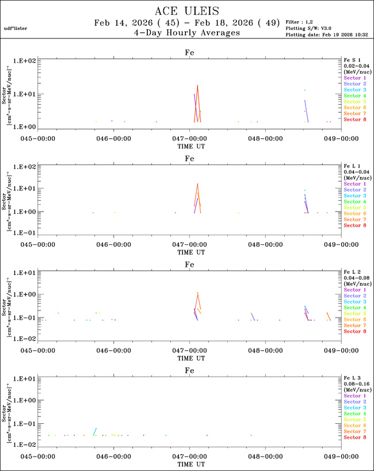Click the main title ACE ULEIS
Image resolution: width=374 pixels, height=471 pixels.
coord(186,11)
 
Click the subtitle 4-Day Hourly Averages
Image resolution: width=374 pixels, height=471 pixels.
coord(186,33)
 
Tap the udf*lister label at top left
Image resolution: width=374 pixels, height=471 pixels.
coord(15,28)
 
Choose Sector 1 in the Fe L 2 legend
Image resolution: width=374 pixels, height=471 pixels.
coord(354,290)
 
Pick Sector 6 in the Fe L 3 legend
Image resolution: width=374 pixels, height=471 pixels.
coord(354,426)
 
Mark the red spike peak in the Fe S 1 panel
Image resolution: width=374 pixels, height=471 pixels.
coord(197,86)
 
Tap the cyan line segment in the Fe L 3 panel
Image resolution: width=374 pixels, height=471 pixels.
coord(95,431)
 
